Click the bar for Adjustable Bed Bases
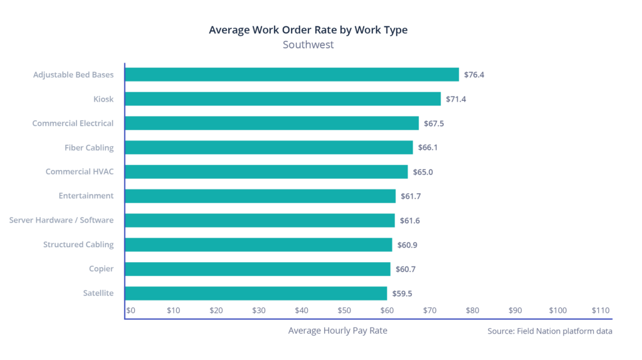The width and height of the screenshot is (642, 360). point(292,75)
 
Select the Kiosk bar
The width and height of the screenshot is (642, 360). point(283,99)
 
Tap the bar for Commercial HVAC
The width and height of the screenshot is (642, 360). point(266,172)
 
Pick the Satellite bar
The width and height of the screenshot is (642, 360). point(256,294)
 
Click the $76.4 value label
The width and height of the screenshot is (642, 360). point(474,75)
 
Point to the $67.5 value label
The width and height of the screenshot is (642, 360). point(433,124)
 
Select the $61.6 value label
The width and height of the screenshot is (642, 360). point(410,221)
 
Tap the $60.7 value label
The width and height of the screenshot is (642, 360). point(406,269)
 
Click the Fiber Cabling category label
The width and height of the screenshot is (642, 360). point(89,148)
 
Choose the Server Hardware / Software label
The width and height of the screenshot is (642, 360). point(61,221)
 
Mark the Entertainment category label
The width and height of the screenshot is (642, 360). point(86,196)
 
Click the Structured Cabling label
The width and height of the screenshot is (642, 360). point(78,245)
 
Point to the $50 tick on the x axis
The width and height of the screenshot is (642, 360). point(344,310)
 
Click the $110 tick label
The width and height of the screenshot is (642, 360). point(600,310)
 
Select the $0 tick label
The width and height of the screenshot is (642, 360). point(131,310)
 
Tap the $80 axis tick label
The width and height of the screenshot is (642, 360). point(472,310)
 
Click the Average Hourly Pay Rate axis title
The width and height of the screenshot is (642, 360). point(337,331)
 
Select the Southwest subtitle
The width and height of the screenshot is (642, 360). point(307,45)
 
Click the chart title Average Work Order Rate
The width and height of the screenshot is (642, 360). point(307,29)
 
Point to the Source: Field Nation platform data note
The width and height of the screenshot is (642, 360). point(549,331)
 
